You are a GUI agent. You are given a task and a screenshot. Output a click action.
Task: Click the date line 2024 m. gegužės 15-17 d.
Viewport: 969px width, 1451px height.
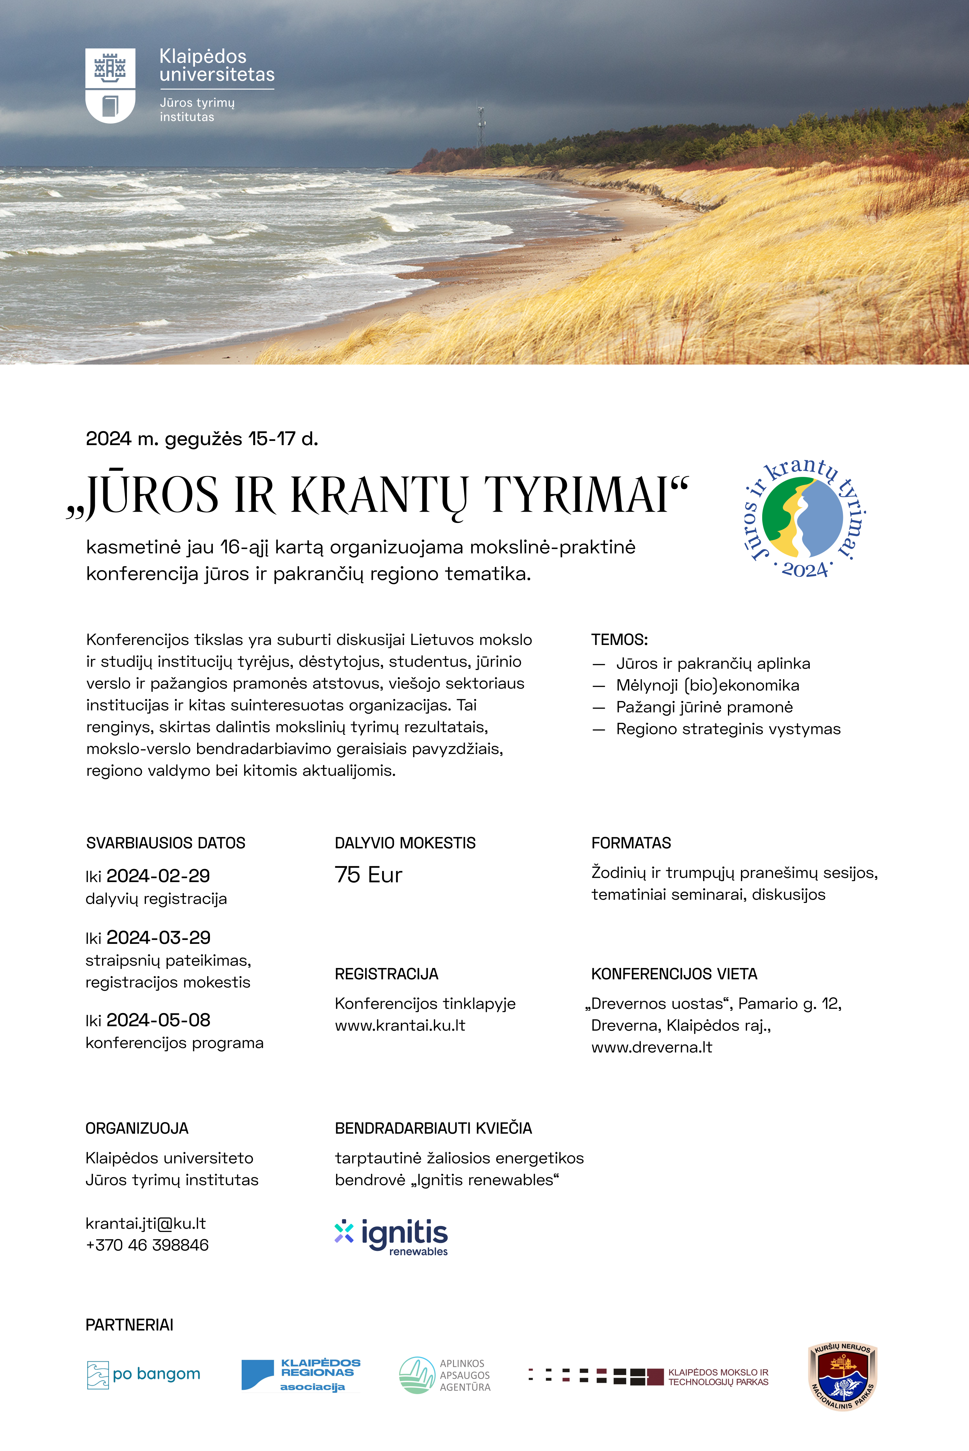click(202, 439)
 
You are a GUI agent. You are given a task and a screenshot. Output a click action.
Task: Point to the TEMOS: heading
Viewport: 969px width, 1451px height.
click(619, 640)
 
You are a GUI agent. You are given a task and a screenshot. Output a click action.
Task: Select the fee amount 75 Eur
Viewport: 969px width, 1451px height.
click(368, 875)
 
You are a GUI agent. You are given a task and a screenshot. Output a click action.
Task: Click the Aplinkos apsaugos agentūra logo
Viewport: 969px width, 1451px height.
click(445, 1375)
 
